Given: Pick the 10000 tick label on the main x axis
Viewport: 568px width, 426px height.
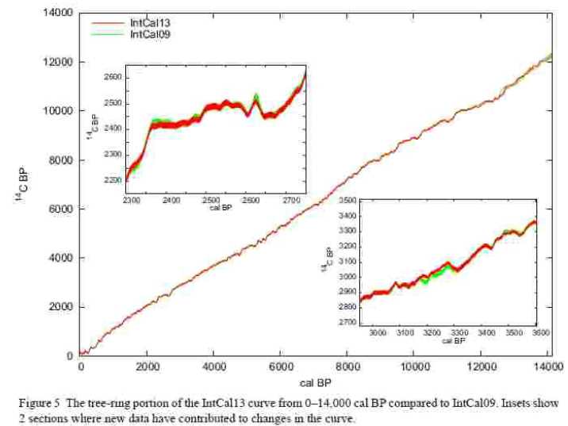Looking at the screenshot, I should pyautogui.click(x=413, y=367).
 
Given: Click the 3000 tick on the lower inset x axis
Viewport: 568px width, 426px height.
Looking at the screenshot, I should pyautogui.click(x=378, y=334).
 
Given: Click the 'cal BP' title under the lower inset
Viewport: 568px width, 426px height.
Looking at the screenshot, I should pyautogui.click(x=454, y=341).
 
